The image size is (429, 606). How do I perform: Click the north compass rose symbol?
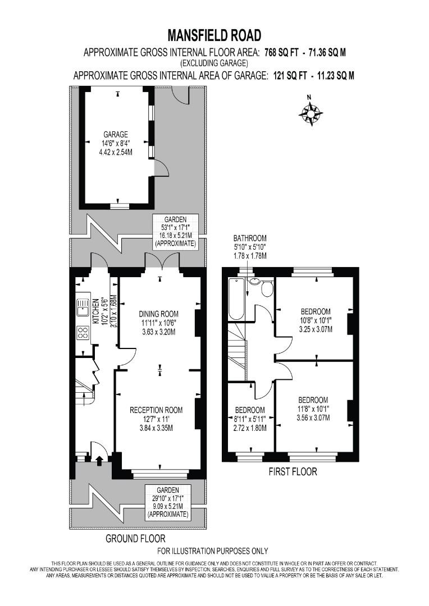tap(311, 113)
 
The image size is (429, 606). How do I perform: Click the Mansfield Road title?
tap(214, 35)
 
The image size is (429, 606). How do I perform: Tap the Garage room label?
tap(116, 135)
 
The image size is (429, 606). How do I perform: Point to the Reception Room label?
tap(156, 410)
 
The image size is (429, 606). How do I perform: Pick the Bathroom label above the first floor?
tap(250, 238)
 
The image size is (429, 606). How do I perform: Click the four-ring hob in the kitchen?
tap(82, 333)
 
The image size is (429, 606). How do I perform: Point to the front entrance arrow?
tap(100, 460)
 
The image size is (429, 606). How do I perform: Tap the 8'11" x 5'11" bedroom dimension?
tap(249, 418)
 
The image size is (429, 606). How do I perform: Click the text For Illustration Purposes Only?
tap(213, 551)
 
